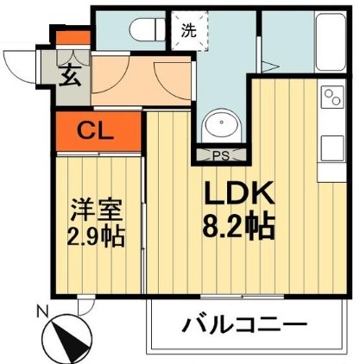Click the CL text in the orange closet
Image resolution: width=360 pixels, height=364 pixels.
[97, 131]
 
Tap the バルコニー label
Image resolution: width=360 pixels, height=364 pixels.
[244, 327]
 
